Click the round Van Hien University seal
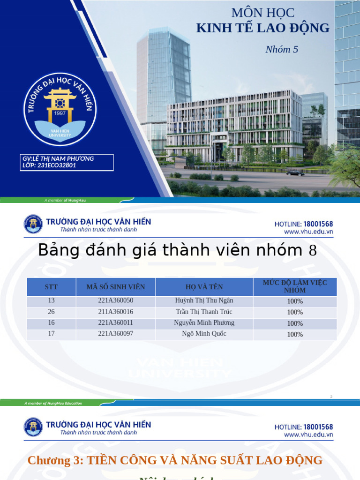pyautogui.click(x=60, y=109)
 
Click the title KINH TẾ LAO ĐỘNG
pyautogui.click(x=262, y=28)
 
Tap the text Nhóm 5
pyautogui.click(x=282, y=49)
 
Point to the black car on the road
pyautogui.click(x=295, y=173)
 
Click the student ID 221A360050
pyautogui.click(x=116, y=300)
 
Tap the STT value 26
pyautogui.click(x=52, y=312)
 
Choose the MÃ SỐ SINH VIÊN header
pyautogui.click(x=116, y=287)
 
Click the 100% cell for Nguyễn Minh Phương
pyautogui.click(x=295, y=323)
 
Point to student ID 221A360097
pyautogui.click(x=116, y=334)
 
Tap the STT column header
pyautogui.click(x=52, y=287)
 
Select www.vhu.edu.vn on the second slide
pyautogui.click(x=308, y=232)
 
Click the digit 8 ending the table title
pyautogui.click(x=313, y=251)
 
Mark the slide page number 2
pyautogui.click(x=331, y=397)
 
